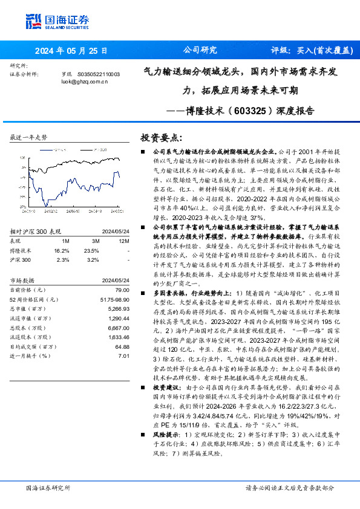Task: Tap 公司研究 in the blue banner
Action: point(199,51)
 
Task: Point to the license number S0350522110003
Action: point(99,74)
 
